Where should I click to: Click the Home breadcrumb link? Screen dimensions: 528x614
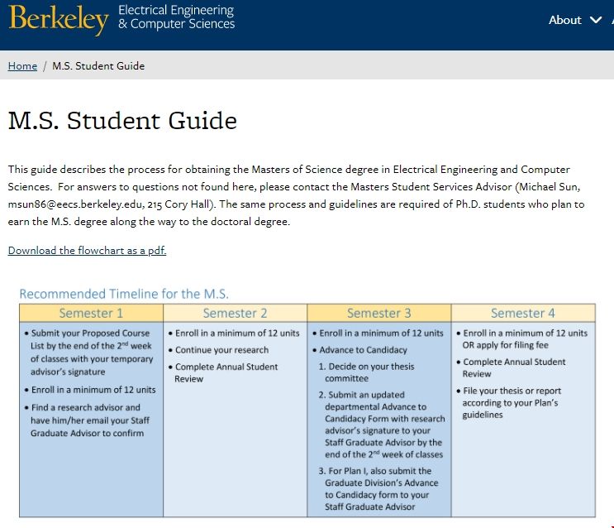point(22,66)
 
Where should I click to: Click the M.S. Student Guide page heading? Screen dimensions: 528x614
point(122,121)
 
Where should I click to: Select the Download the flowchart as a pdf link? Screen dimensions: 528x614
point(87,250)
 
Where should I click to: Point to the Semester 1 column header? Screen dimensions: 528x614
point(91,313)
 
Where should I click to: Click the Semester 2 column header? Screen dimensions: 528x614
point(235,313)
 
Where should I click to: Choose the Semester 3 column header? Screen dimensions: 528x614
point(378,313)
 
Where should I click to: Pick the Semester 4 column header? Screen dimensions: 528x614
point(522,313)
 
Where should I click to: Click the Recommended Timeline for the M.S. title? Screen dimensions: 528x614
point(124,294)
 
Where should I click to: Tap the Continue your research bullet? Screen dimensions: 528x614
point(221,350)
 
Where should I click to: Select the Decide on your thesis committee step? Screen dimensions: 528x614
point(370,372)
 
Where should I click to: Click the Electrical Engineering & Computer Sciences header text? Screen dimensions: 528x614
point(176,17)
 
